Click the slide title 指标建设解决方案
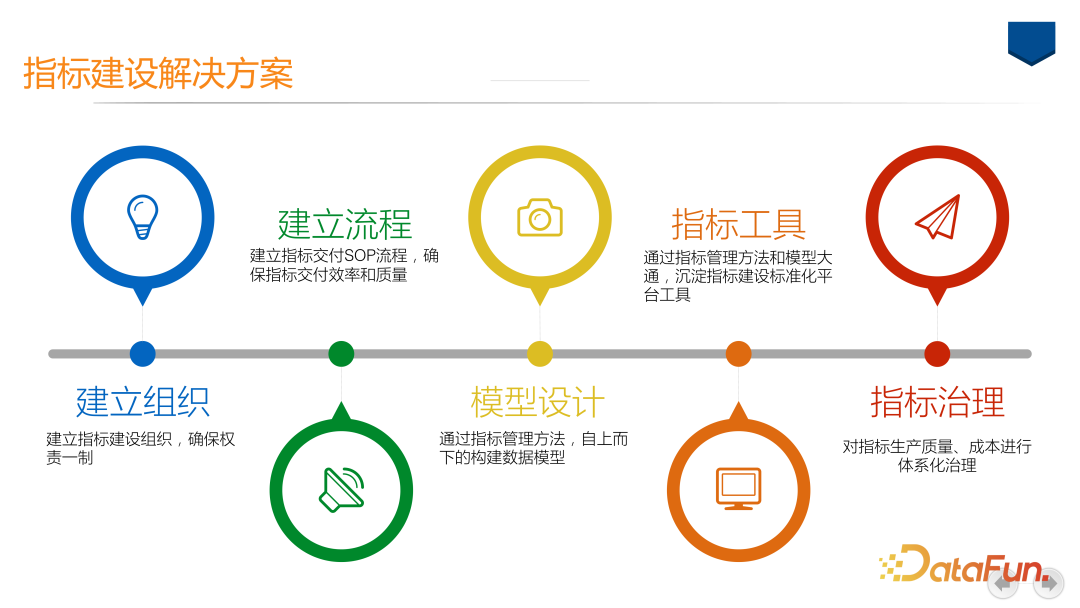158,74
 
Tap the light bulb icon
143,217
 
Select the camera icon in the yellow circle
540,218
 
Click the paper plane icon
937,217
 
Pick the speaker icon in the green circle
342,490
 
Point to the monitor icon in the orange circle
738,489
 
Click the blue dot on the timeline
143,354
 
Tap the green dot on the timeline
341,354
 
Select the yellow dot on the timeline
540,354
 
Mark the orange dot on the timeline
738,354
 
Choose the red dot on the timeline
937,354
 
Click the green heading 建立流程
344,224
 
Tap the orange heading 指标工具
738,224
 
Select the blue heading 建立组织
143,402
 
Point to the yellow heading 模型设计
538,402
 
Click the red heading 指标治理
937,402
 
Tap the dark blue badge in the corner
1032,43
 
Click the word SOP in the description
360,255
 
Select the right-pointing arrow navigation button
1048,584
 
